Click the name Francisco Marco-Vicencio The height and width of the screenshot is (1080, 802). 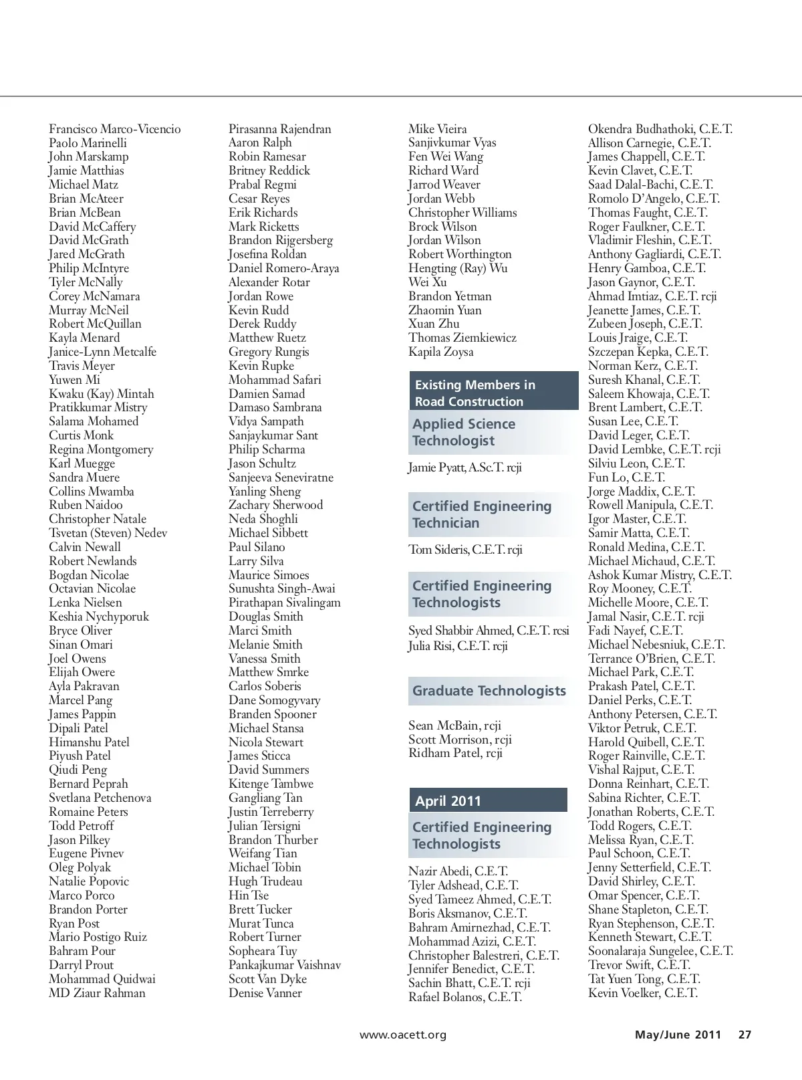114,129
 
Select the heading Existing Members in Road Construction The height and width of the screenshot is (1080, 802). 475,393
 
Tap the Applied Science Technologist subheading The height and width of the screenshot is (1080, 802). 464,432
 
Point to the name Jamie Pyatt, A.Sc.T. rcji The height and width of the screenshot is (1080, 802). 464,467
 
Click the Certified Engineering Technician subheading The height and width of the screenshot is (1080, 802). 481,514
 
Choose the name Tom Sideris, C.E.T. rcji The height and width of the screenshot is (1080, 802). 465,550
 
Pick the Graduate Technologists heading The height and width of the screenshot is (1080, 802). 489,691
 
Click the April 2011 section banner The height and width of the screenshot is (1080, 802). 448,800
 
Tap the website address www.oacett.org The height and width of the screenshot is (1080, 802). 402,1035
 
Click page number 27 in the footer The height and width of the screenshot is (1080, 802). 745,1035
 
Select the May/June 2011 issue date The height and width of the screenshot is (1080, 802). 678,1035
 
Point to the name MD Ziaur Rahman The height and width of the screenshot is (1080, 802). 97,993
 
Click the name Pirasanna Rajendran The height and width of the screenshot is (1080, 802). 279,129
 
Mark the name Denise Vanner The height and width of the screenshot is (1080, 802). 265,993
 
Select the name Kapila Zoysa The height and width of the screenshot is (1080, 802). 440,352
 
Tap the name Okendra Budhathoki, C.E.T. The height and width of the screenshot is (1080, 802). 660,129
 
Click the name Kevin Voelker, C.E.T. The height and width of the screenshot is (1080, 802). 642,993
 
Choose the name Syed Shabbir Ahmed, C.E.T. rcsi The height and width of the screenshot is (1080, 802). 489,631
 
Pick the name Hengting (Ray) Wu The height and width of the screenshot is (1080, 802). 458,268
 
